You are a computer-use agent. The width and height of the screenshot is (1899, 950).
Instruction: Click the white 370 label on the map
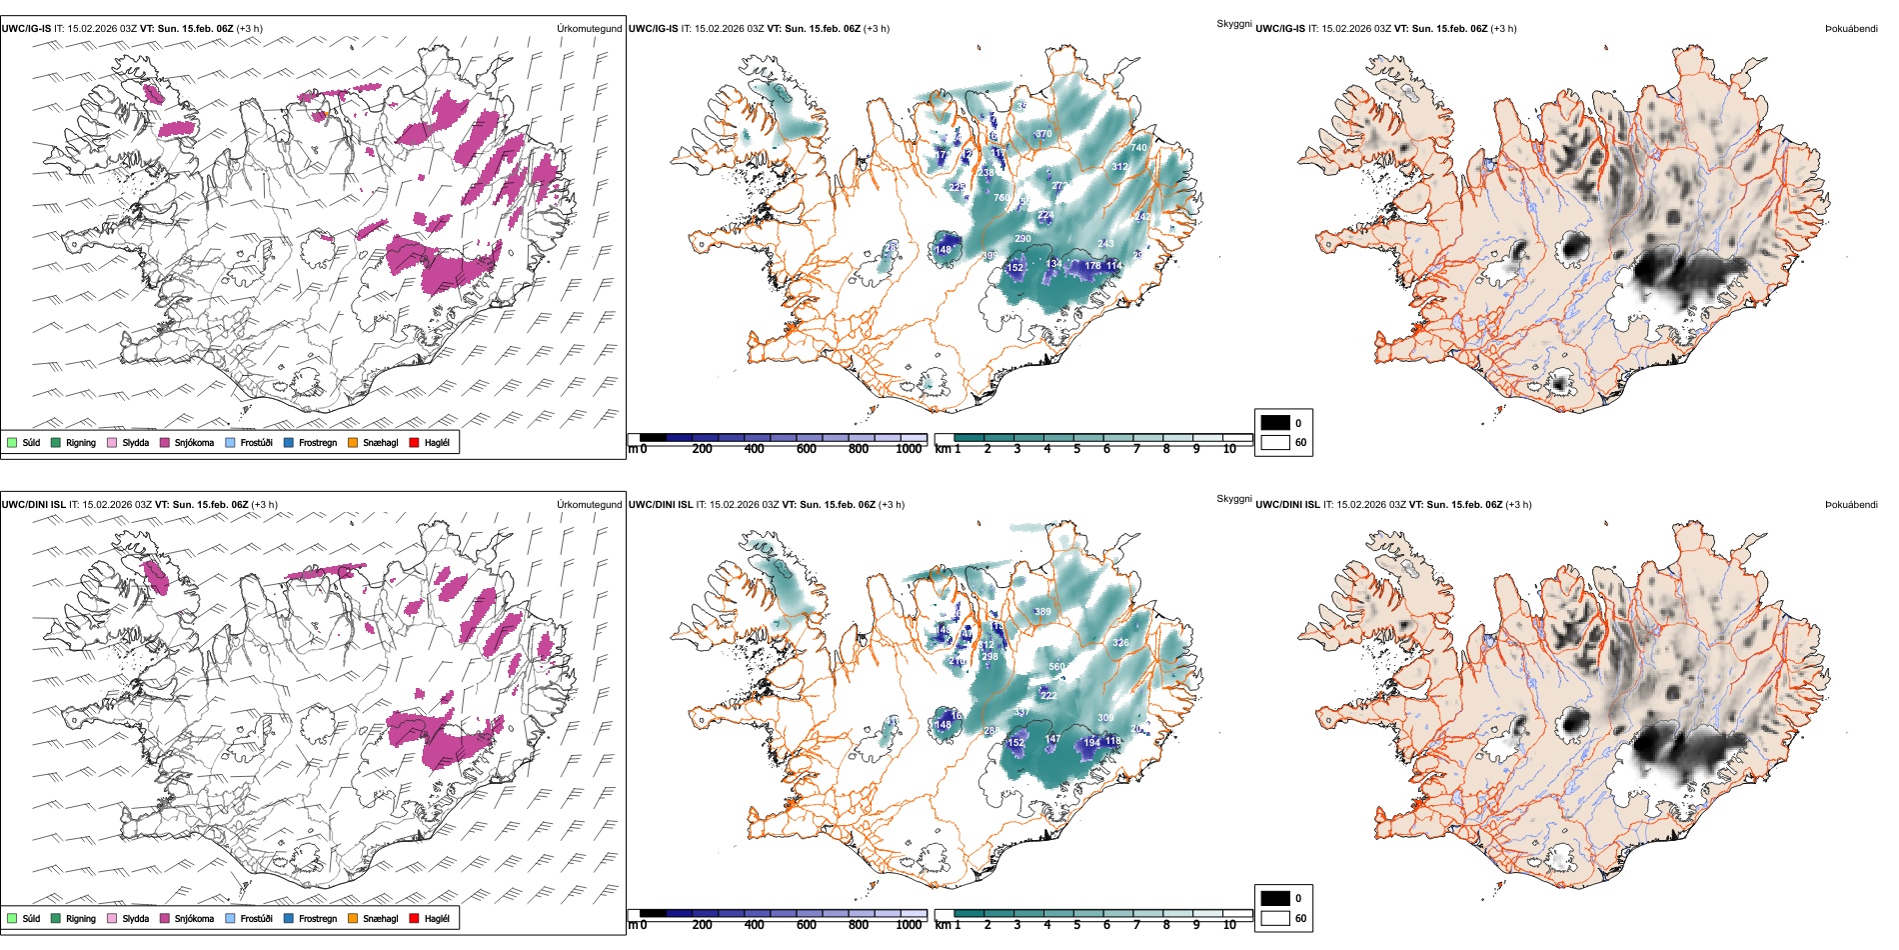pos(1043,134)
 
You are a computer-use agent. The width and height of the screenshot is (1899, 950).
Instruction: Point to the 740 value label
pos(1138,148)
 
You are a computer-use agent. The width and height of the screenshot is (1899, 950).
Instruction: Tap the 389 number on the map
pos(1042,612)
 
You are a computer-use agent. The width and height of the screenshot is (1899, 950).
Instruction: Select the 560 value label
pos(1056,667)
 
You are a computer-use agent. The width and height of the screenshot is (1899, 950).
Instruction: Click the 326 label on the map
pos(1120,643)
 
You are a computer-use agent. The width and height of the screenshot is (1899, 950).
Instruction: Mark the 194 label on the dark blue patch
pos(1091,743)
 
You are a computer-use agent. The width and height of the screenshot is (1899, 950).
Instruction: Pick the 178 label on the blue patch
pos(1092,266)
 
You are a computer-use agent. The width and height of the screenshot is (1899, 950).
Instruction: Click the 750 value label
pos(1001,198)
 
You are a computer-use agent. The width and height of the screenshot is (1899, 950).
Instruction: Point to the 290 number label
pos(1022,239)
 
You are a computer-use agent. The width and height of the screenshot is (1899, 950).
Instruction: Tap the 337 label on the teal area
pos(1020,713)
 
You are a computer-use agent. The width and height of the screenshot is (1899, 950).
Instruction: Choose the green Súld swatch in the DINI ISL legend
pos(12,919)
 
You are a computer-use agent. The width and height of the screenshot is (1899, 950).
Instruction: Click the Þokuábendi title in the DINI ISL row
pos(1851,505)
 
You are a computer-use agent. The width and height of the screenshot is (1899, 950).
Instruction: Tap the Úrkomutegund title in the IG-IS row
pos(589,29)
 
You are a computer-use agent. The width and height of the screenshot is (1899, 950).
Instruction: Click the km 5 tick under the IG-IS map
pos(1076,450)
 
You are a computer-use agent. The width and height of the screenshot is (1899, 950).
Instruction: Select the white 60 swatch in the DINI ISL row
pos(1275,918)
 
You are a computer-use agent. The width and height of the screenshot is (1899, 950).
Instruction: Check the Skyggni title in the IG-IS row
pos(1233,24)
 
